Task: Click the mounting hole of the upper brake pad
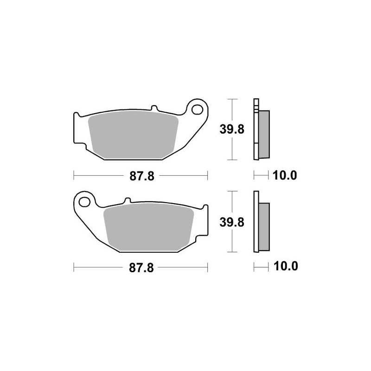tap(197, 109)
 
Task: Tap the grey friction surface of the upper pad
tap(134, 134)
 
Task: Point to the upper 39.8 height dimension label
tap(232, 130)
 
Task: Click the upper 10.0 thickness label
tap(285, 176)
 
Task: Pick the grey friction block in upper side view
tap(264, 134)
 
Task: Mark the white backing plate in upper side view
tap(255, 130)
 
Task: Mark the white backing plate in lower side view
tap(255, 222)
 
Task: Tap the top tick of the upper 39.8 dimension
tap(232, 99)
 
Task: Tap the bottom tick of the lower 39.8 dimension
tap(232, 252)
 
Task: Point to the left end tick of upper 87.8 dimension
tap(74, 176)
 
